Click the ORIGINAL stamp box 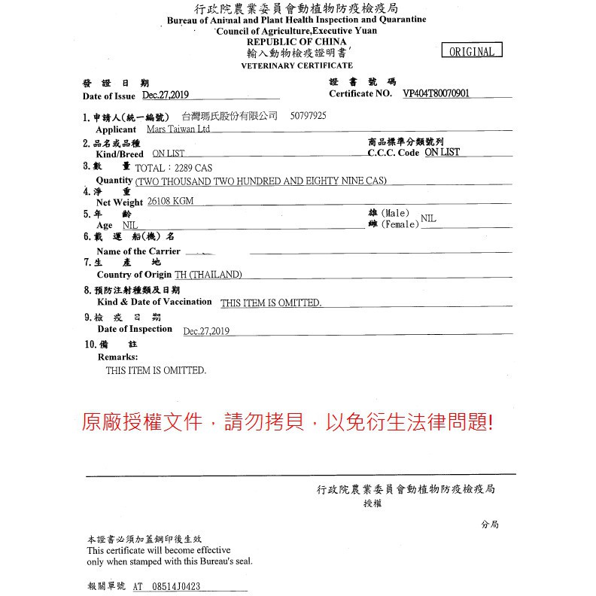(x=472, y=51)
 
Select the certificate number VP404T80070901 (x=436, y=94)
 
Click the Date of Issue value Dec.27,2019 (x=166, y=95)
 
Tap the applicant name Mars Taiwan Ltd (x=178, y=129)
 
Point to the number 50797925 (x=308, y=117)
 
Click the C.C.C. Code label (x=394, y=153)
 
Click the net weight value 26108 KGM (x=171, y=202)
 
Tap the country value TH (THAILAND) (x=208, y=275)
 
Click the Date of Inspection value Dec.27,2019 (x=206, y=331)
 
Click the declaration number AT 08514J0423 (x=166, y=587)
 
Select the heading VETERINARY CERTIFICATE (x=296, y=66)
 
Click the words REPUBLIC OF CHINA (x=296, y=41)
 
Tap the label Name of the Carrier (x=138, y=251)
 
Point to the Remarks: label (x=117, y=357)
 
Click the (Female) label (x=400, y=225)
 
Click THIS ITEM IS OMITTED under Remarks (x=156, y=371)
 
